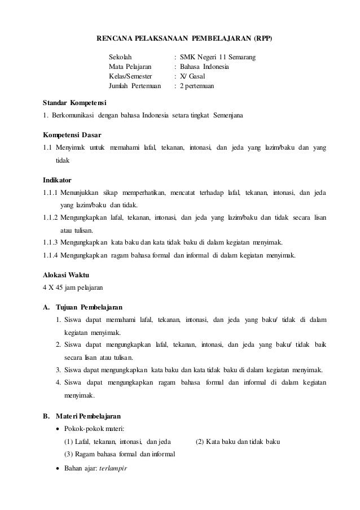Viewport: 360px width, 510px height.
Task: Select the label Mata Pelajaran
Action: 130,67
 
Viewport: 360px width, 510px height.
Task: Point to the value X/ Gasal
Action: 195,77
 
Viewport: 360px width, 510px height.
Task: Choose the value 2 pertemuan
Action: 200,86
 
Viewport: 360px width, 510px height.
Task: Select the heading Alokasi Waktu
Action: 66,274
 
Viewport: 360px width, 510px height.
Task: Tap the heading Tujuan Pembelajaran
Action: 90,307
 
